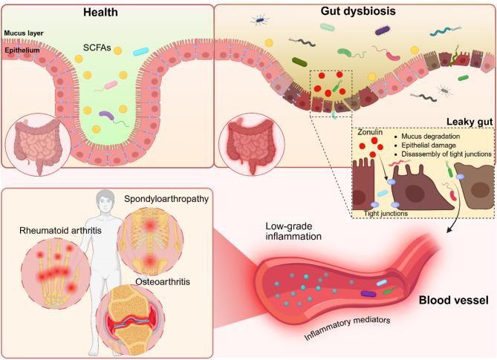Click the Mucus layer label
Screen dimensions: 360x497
pos(23,32)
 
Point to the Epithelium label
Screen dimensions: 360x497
pos(20,43)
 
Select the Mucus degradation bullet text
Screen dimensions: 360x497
pos(429,136)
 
